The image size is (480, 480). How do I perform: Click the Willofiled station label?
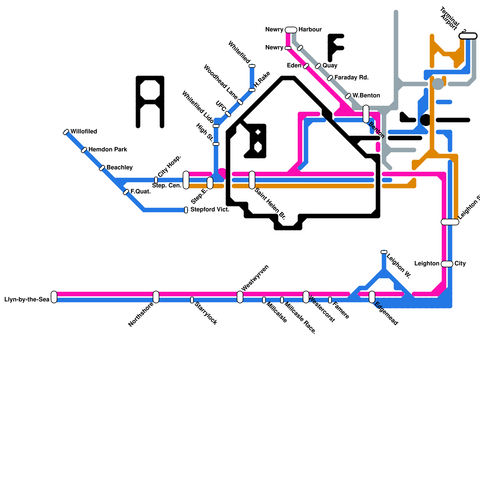click(84, 131)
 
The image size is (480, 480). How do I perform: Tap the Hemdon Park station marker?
click(84, 150)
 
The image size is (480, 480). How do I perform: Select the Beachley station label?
click(119, 167)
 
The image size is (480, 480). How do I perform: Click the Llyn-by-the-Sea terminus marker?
click(54, 297)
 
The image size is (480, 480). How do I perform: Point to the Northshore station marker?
click(156, 297)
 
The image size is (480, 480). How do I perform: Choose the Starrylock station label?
click(206, 313)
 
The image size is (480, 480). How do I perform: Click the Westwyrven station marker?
click(240, 297)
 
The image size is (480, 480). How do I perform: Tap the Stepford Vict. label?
click(210, 209)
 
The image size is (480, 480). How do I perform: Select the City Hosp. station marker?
click(156, 180)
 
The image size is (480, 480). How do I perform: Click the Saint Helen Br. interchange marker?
click(252, 180)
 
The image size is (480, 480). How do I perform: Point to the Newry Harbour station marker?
click(291, 30)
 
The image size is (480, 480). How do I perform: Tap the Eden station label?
click(294, 65)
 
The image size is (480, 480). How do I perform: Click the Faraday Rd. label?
click(351, 77)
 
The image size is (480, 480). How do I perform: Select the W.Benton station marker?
click(348, 96)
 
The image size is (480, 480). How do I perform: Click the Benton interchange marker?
click(366, 114)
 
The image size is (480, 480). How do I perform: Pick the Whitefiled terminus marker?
click(252, 66)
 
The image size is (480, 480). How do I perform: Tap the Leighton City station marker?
click(447, 264)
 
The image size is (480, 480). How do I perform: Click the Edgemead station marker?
click(372, 297)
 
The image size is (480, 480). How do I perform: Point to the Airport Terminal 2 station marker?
click(468, 36)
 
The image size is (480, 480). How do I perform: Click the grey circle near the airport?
click(438, 84)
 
